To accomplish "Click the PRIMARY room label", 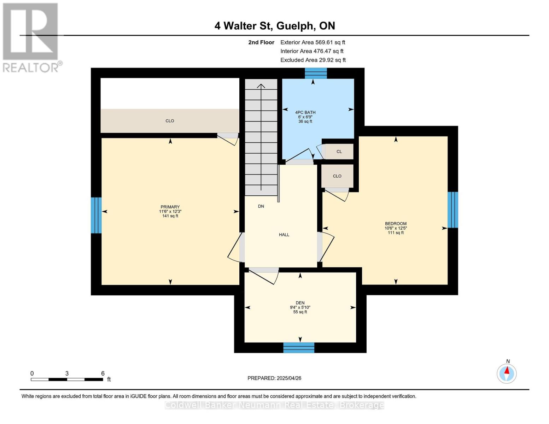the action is click(x=170, y=207).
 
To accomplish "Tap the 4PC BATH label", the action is click(x=305, y=112).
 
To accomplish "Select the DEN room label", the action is click(x=300, y=303).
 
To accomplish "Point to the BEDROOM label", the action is click(x=396, y=224).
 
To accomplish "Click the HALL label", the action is click(x=284, y=235).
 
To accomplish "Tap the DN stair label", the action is click(x=261, y=206).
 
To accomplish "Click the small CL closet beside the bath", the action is click(x=339, y=152).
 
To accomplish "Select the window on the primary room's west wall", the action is click(x=96, y=215).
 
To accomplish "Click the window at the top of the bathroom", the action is click(x=316, y=73).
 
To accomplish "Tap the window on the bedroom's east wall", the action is click(x=453, y=210).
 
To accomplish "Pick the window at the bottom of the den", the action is click(x=299, y=348).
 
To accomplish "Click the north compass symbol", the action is click(x=507, y=373).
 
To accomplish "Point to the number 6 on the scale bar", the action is click(x=103, y=373).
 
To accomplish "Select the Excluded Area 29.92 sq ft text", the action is click(x=313, y=60).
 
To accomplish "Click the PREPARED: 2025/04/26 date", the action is click(x=274, y=378).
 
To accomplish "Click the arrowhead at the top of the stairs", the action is click(x=261, y=86).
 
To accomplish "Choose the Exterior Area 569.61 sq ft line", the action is click(x=313, y=42).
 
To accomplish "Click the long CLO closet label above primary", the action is click(x=170, y=121).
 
